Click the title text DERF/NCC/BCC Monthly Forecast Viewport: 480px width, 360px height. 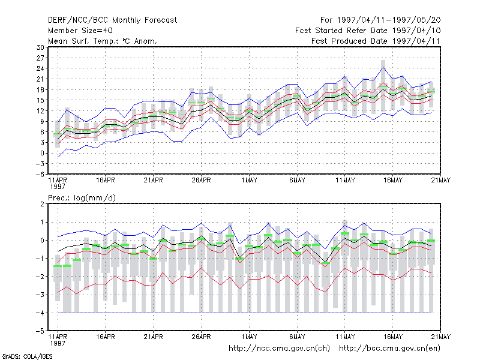click(112, 20)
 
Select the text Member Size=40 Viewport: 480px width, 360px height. click(80, 31)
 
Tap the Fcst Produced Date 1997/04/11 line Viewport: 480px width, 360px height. click(376, 41)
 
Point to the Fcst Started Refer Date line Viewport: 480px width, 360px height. click(368, 31)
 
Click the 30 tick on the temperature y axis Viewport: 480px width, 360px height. click(40, 47)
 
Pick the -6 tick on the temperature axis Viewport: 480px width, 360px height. click(40, 175)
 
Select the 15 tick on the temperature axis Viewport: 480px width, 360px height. click(40, 100)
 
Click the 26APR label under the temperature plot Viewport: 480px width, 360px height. click(201, 181)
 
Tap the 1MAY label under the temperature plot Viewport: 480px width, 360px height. click(249, 181)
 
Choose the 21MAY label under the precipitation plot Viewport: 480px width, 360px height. click(441, 337)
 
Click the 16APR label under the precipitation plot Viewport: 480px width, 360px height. click(106, 337)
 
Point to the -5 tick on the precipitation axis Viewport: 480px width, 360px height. click(40, 331)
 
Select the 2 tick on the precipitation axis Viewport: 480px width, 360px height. click(42, 204)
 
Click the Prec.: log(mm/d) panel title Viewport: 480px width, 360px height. click(82, 198)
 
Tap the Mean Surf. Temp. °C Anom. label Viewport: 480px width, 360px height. click(102, 41)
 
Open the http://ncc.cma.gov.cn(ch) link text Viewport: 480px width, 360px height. click(279, 349)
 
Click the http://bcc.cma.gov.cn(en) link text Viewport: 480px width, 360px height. click(389, 349)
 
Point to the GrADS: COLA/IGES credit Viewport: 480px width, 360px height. click(27, 356)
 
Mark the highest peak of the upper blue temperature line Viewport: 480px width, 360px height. click(383, 67)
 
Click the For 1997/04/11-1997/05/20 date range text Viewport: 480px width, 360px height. click(380, 20)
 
